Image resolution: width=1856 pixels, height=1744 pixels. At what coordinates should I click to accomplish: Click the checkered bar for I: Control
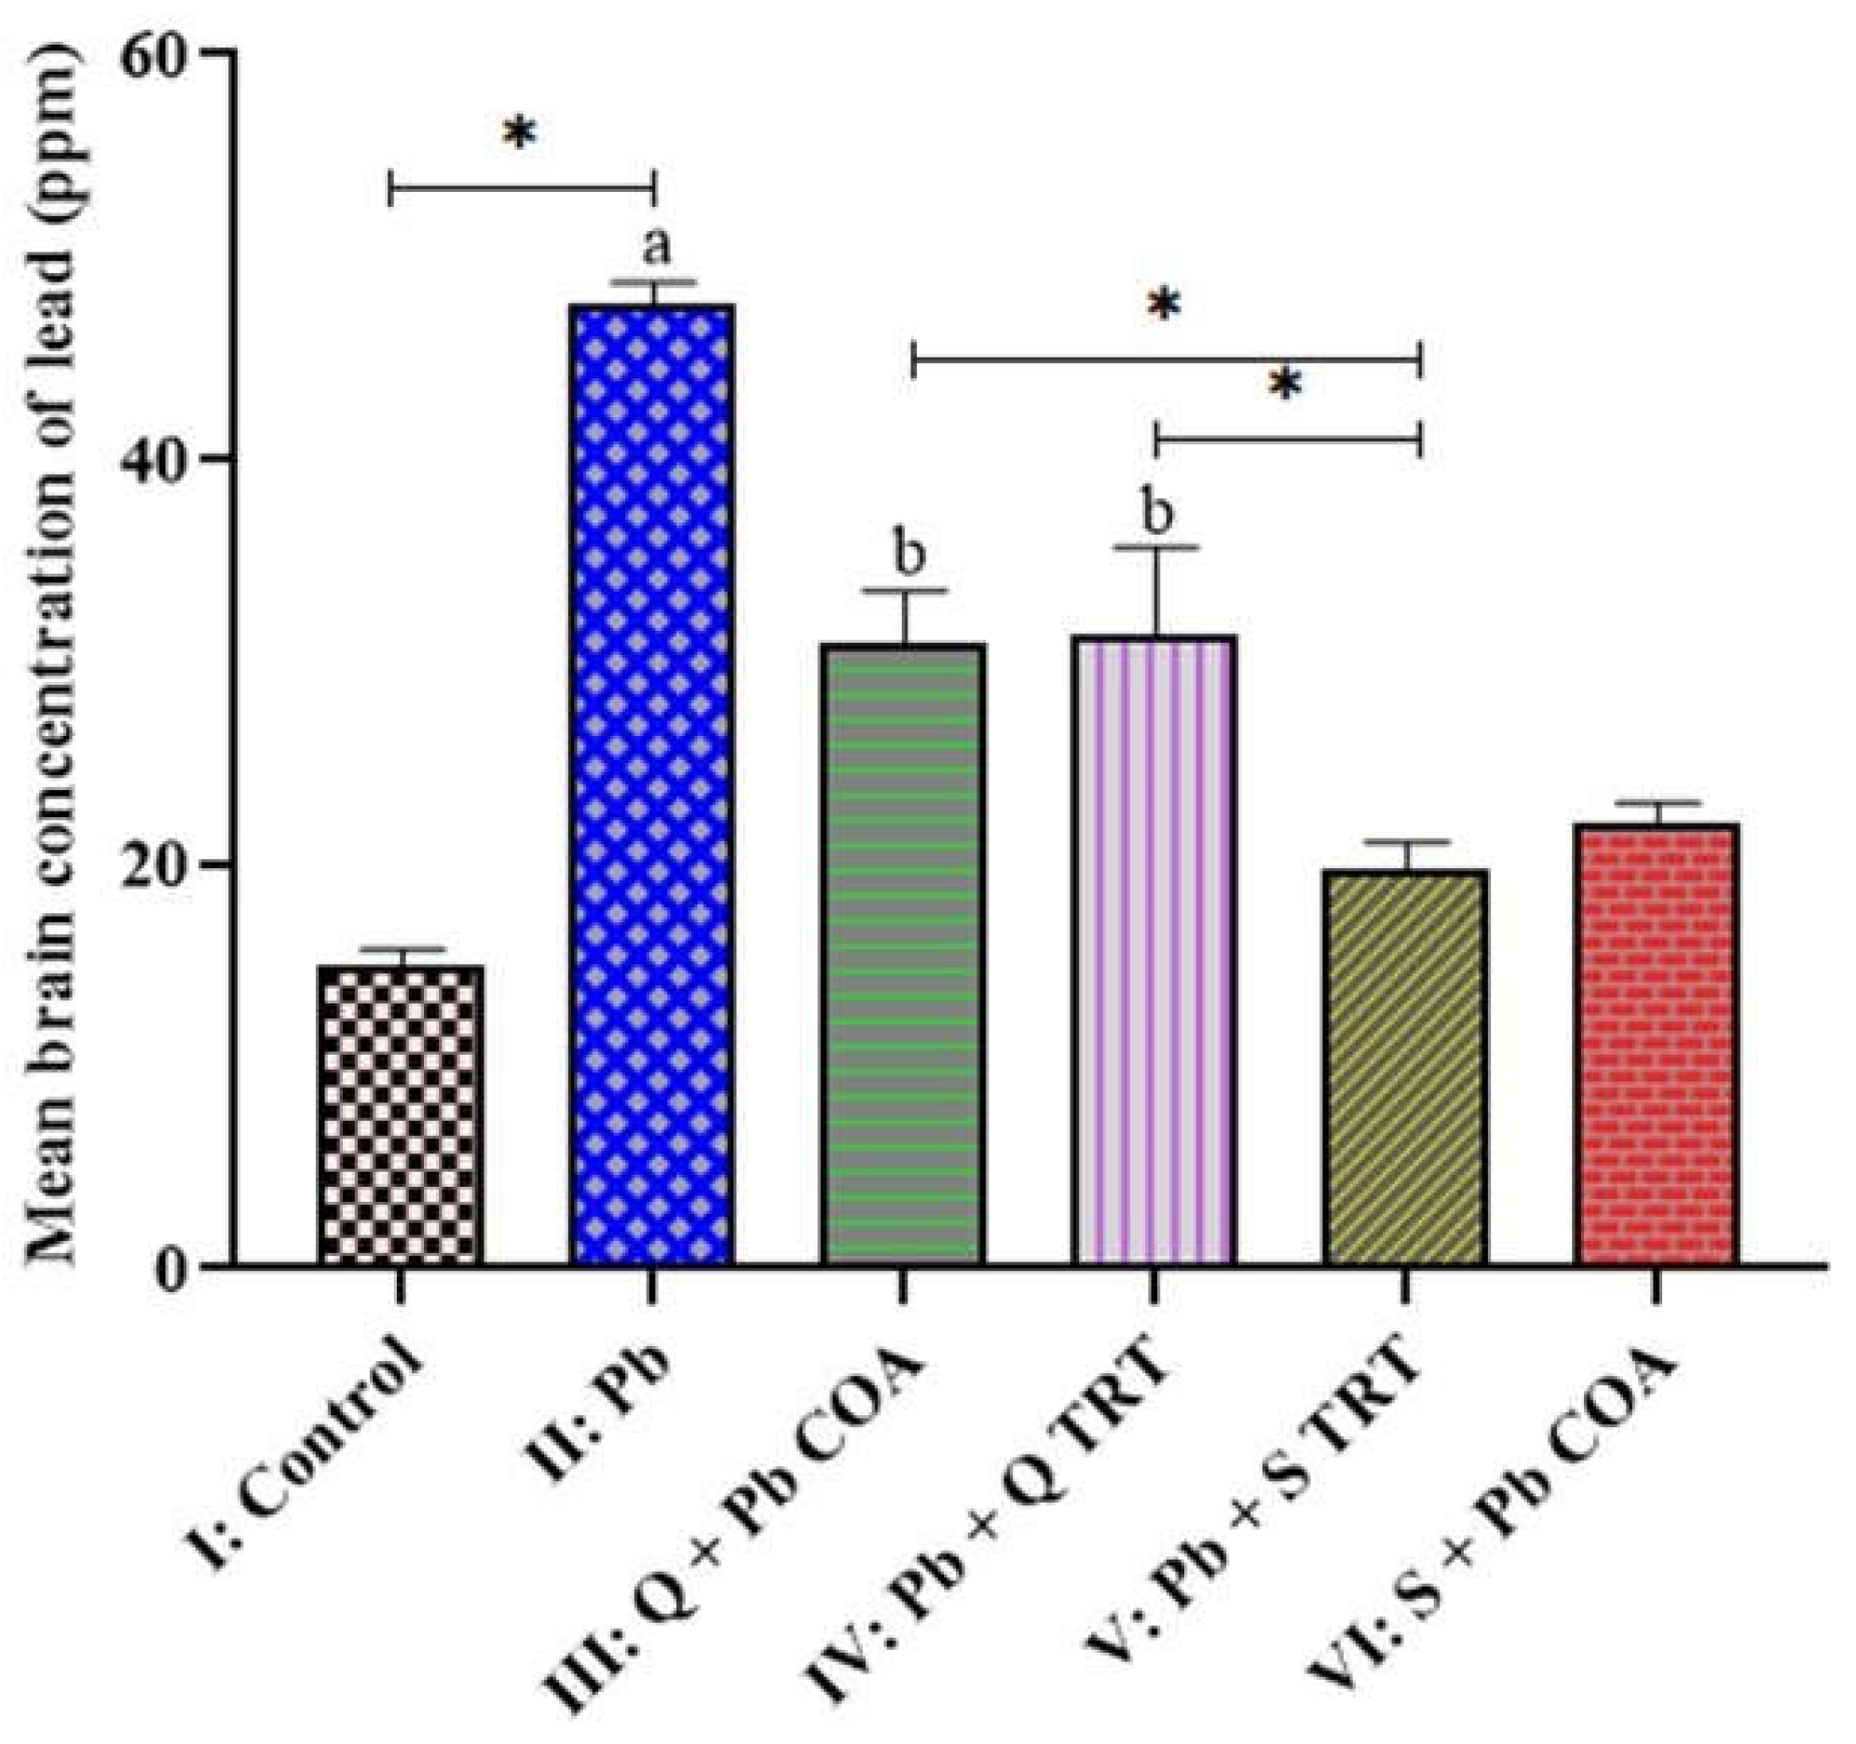tap(401, 1116)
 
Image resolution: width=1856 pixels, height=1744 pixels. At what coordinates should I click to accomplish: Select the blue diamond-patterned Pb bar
tap(653, 784)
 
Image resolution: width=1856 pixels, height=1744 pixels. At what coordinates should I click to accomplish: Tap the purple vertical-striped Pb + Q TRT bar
tap(1154, 949)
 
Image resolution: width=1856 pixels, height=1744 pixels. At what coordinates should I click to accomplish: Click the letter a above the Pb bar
tap(656, 247)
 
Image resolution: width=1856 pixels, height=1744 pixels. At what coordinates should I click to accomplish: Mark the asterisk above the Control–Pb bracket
tap(520, 133)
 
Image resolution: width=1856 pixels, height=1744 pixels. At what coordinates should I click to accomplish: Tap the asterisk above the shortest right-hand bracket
tap(1286, 384)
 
